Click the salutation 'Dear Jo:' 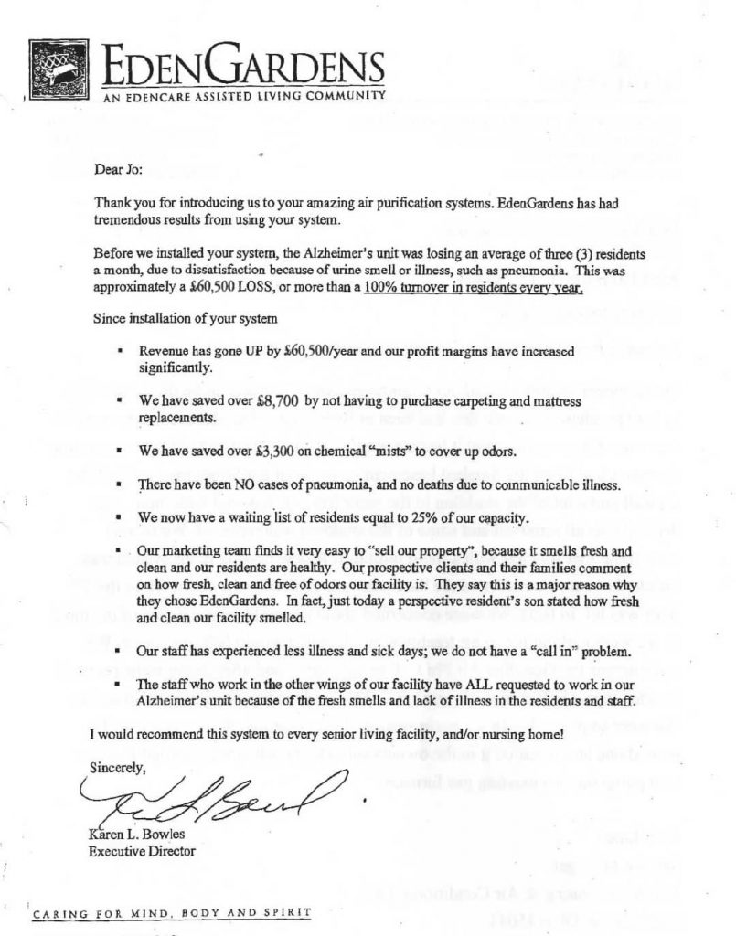113,168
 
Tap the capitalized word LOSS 277,286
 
